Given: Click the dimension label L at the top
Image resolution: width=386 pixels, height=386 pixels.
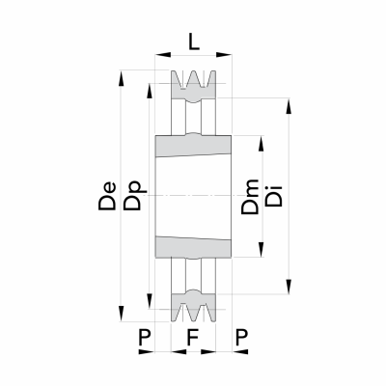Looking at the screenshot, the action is pos(194,42).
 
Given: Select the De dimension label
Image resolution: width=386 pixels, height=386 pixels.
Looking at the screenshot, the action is pos(107,196).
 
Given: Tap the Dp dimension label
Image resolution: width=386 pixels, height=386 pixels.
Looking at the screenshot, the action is pos(133,196).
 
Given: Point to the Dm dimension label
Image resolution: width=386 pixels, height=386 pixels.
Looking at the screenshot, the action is pos(250,197).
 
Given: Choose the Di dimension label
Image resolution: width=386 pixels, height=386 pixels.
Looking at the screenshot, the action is pos(273,196).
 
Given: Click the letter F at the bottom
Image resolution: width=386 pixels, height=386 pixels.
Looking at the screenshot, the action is pos(192,337).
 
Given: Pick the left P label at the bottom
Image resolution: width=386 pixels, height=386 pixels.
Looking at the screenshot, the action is pos(145,337).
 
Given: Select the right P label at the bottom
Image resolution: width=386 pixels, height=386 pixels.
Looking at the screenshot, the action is pos(242,337).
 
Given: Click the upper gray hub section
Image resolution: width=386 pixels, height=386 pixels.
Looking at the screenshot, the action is pos(193,146).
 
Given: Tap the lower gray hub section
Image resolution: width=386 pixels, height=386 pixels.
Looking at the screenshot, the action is pos(193,247).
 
